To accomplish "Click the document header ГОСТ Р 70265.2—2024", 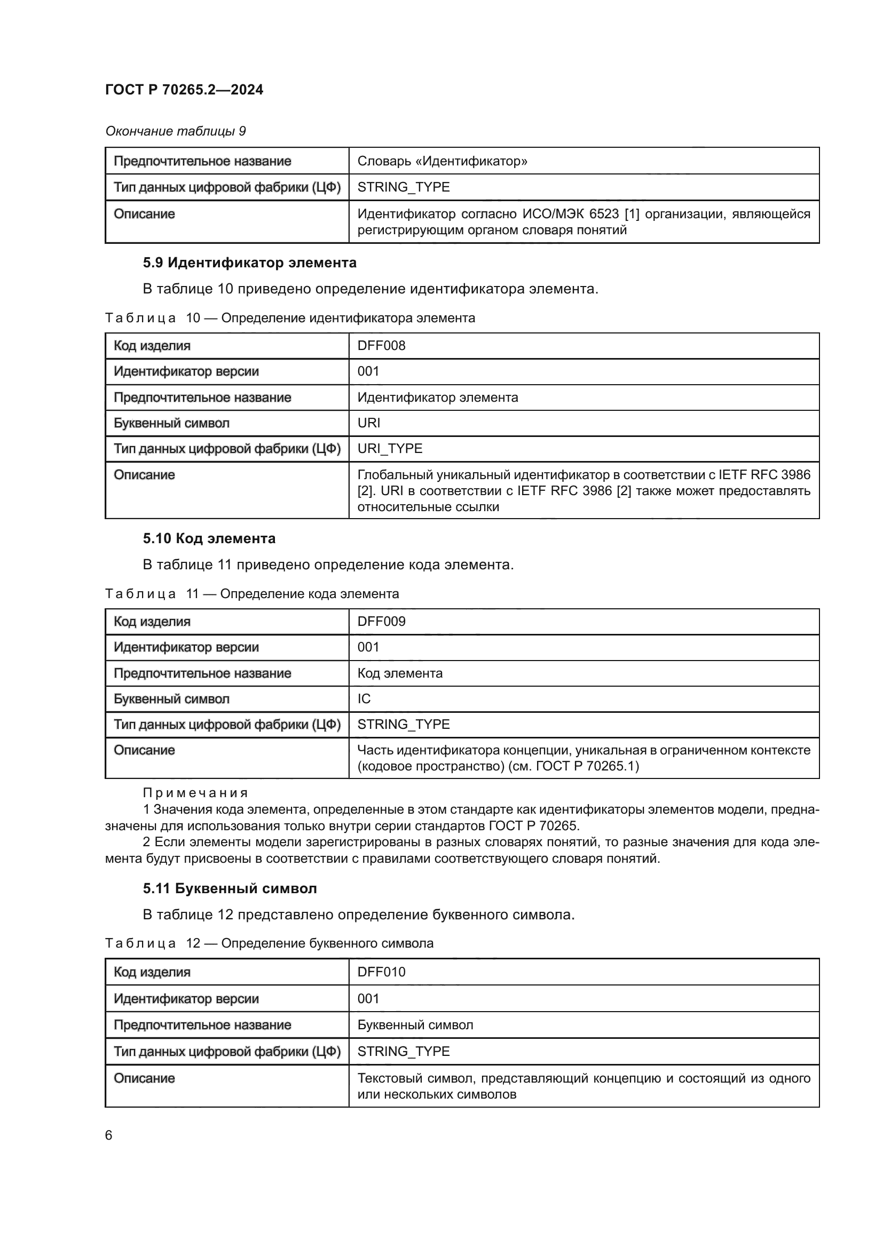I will coord(184,90).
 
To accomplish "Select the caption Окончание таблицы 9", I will coord(175,131).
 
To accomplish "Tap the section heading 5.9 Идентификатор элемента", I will coord(249,263).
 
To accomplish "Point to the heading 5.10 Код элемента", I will coord(209,538).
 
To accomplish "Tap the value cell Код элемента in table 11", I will coord(400,673).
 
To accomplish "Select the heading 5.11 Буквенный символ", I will coord(230,888).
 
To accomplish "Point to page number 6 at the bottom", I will coord(109,1135).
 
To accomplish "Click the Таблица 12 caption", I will coord(269,943).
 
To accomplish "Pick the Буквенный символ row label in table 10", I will coord(171,423).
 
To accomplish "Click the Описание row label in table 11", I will coord(144,750).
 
